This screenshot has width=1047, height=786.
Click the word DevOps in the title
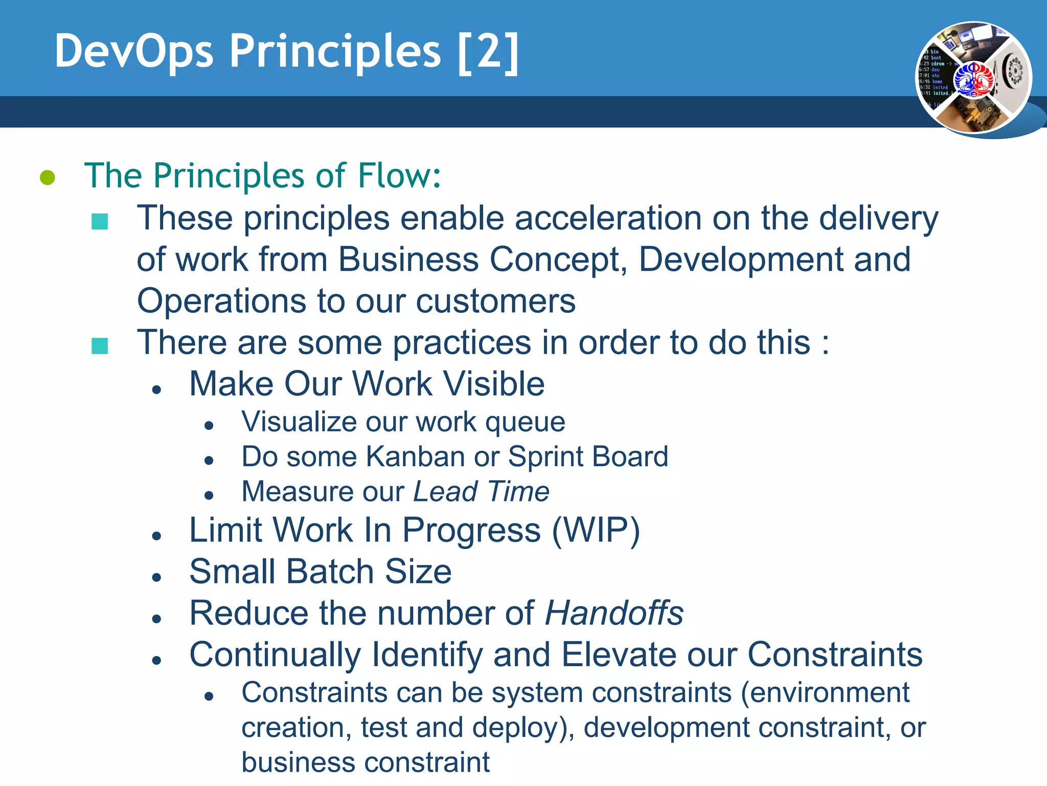(x=134, y=52)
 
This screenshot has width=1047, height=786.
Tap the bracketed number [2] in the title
(x=488, y=52)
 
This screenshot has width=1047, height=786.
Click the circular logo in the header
(x=973, y=78)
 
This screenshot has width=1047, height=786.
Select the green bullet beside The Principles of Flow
(x=48, y=178)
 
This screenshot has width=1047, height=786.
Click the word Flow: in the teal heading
(x=399, y=176)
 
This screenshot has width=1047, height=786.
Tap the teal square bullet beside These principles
(x=100, y=222)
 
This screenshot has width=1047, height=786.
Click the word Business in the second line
(x=408, y=259)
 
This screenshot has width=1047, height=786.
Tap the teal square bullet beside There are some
(x=100, y=346)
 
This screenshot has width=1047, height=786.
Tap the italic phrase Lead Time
(x=481, y=491)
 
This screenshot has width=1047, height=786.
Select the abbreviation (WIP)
(x=596, y=530)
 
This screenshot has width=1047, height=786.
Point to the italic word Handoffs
(x=614, y=613)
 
